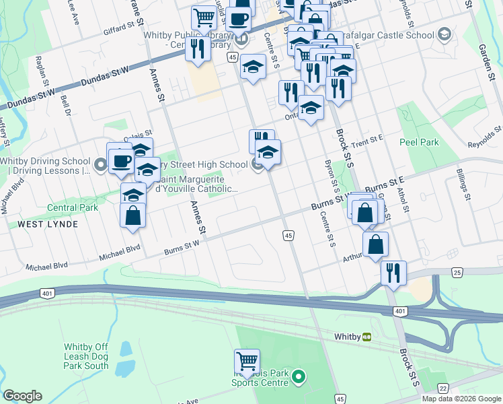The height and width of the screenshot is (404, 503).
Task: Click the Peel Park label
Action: [419, 143]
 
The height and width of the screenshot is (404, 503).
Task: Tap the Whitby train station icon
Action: [367, 336]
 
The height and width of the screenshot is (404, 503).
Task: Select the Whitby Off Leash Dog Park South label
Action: [85, 356]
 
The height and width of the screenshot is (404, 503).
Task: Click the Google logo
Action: [23, 396]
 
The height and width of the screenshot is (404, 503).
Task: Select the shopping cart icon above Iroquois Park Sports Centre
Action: [247, 361]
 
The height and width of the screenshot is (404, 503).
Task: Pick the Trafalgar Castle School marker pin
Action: [443, 34]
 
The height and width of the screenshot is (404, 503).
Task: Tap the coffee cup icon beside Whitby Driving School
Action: [121, 162]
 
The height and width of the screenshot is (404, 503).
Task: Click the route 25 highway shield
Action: [458, 272]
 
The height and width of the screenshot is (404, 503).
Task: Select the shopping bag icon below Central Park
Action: [132, 215]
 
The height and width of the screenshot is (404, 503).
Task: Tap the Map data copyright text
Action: [461, 399]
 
